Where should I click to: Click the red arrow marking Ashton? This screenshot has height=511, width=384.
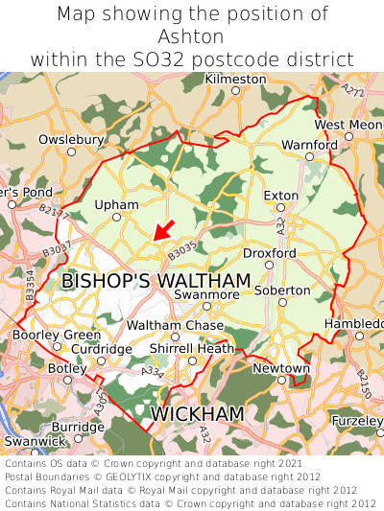(x=163, y=230)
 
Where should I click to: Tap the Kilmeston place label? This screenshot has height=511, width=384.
(x=235, y=78)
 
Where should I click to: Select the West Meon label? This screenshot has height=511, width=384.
(x=348, y=126)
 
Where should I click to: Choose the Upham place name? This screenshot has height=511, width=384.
(x=118, y=204)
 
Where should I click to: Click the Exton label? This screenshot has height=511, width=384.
(x=281, y=195)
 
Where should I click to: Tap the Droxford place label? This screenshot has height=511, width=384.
(x=269, y=252)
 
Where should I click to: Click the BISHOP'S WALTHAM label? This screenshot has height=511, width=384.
(x=156, y=281)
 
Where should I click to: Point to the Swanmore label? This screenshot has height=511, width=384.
(x=206, y=294)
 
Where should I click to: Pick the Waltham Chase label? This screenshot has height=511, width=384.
(x=175, y=325)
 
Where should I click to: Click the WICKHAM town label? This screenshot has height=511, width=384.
(x=198, y=413)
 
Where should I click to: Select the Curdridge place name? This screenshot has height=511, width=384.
(x=102, y=349)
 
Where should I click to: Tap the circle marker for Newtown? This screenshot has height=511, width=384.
(x=281, y=380)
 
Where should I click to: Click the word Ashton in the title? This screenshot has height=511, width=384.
(x=192, y=36)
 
